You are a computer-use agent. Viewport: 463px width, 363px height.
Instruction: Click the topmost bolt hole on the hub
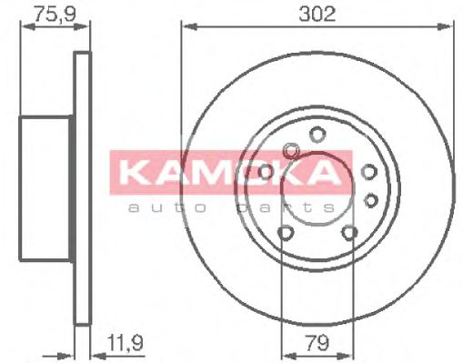point(317,134)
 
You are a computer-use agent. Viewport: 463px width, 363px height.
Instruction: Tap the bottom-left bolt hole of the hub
point(285,235)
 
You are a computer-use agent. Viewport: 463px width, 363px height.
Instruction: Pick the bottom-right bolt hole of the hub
point(350,235)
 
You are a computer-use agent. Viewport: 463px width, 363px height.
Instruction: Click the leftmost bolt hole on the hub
point(265,171)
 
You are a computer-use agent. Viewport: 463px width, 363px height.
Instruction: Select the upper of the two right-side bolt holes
point(369,171)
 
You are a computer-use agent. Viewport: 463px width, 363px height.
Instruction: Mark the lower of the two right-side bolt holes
point(370,199)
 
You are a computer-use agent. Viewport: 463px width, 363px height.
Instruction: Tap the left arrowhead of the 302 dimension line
point(186,27)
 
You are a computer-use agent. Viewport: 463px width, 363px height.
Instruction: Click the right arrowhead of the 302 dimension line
point(449,27)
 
